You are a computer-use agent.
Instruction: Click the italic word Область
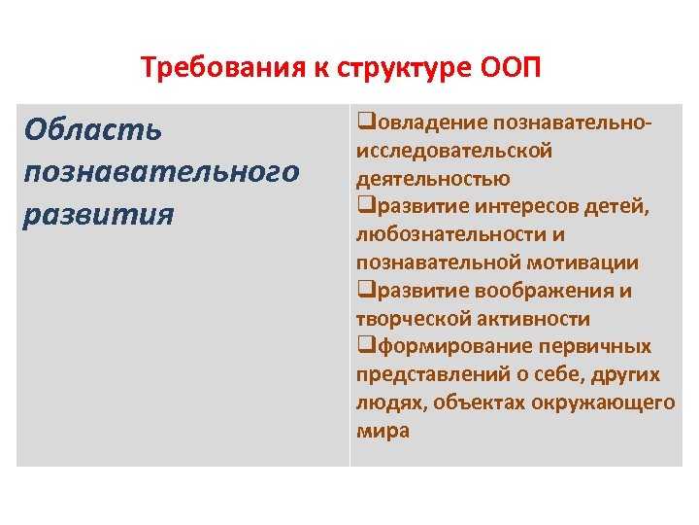93,129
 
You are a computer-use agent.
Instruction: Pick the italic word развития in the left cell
99,213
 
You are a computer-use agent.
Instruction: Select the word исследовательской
454,151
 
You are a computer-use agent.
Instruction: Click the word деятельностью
433,179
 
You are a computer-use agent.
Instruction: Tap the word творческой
411,319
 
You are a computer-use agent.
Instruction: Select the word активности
534,319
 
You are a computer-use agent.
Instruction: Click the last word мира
383,431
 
